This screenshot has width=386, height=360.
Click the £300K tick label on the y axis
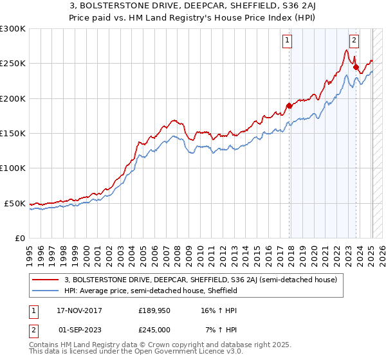coord(12,29)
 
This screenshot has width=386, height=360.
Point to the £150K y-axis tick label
coord(12,134)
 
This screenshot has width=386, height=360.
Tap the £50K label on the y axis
coord(14,203)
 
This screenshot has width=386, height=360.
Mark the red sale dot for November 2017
coord(289,106)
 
